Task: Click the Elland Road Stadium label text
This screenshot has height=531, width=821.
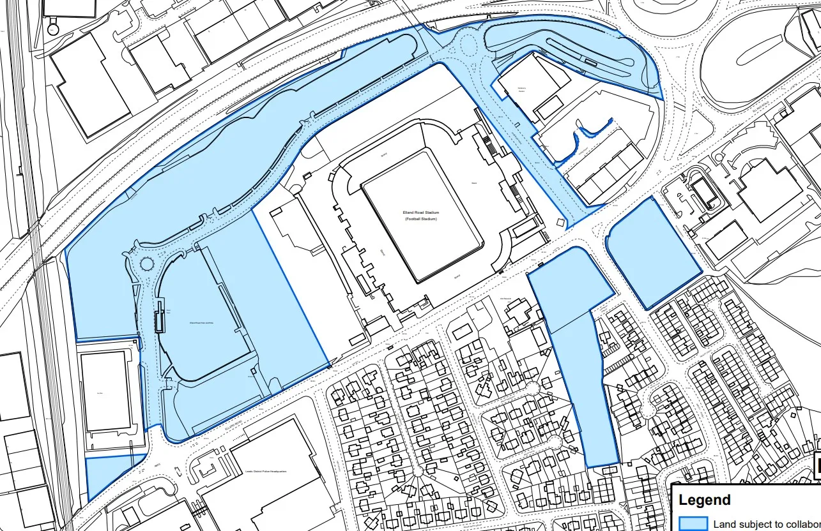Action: pos(422,213)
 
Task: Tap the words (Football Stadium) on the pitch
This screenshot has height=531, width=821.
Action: pos(422,219)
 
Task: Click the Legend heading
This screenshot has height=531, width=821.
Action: pos(705,500)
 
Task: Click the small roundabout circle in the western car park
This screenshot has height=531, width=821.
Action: pos(147,264)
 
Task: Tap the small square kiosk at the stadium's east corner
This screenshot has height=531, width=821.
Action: pos(560,222)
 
